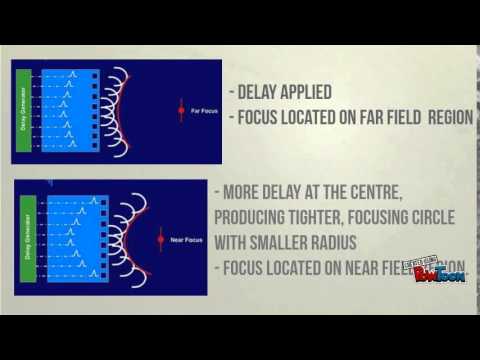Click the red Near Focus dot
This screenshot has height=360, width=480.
coord(160,241)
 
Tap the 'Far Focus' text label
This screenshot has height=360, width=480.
coord(203,112)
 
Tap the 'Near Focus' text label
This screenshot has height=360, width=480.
coord(183,241)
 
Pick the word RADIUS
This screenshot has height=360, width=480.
coord(356,241)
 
